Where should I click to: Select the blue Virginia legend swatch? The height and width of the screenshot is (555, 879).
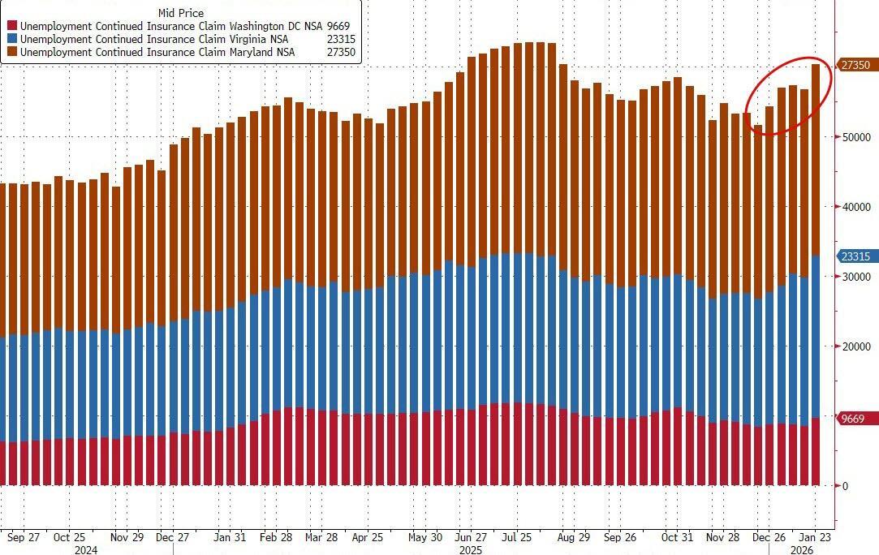click(13, 39)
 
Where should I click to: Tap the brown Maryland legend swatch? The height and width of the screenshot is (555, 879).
click(13, 52)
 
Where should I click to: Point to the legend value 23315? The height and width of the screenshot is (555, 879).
click(338, 39)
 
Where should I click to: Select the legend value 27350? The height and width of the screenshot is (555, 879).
click(338, 52)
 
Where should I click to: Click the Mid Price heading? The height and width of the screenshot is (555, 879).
click(181, 13)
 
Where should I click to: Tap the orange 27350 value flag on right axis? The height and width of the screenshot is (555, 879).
click(856, 65)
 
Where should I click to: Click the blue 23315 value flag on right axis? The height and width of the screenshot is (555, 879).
click(856, 256)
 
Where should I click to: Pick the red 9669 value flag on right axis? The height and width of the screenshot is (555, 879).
click(854, 419)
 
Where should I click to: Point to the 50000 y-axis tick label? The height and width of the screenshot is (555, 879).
click(856, 137)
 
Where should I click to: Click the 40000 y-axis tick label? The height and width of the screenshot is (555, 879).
click(856, 207)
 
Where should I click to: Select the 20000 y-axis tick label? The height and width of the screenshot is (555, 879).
click(856, 346)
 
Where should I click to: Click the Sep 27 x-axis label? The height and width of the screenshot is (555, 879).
click(24, 537)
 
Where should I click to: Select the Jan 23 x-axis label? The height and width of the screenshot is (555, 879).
click(814, 537)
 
